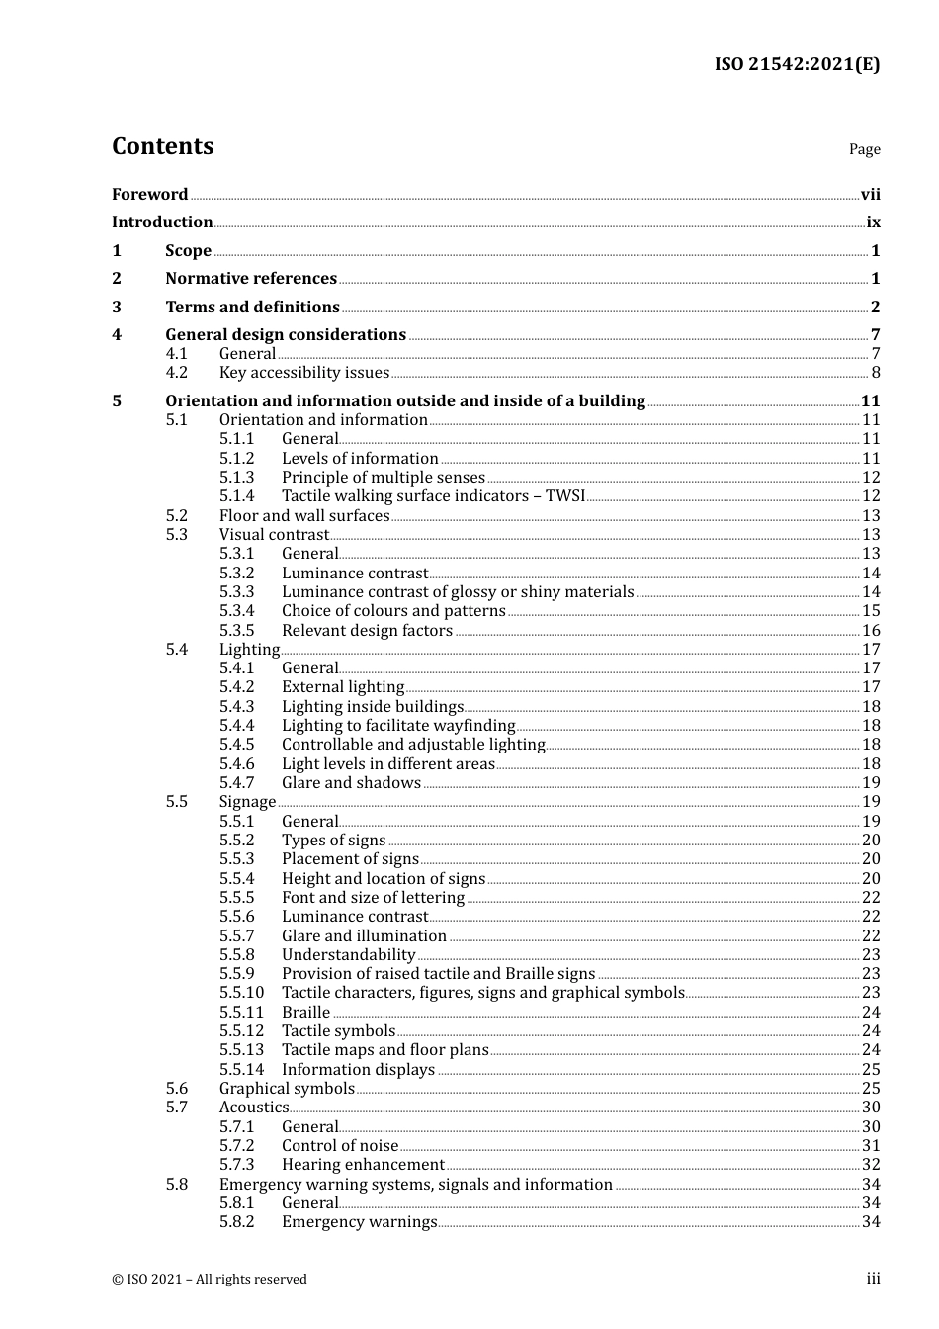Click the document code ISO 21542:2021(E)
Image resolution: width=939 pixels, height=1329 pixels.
[x=797, y=64]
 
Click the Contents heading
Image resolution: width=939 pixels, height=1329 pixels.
[x=162, y=146]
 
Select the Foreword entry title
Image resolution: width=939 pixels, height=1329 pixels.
[x=149, y=194]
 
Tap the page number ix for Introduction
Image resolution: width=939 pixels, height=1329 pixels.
[x=873, y=222]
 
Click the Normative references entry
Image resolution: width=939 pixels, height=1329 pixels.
[x=251, y=279]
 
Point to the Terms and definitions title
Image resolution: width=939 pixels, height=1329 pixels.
[x=252, y=307]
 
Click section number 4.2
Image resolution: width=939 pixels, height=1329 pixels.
[x=176, y=373]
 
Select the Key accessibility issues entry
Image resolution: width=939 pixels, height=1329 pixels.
[x=304, y=373]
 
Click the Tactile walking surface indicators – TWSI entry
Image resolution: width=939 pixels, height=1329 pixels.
[x=433, y=496]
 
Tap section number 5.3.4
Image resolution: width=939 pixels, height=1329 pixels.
[x=236, y=611]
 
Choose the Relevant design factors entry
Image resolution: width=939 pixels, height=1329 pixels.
[x=367, y=631]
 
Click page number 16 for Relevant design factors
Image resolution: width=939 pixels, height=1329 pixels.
[x=871, y=631]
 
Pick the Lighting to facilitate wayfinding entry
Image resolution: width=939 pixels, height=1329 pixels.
[x=398, y=726]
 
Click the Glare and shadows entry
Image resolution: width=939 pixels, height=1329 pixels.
[x=351, y=783]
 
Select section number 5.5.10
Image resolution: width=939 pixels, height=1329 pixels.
[x=241, y=993]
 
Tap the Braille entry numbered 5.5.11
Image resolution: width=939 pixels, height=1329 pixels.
[x=305, y=1013]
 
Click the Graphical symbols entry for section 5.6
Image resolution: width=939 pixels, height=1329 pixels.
[x=287, y=1089]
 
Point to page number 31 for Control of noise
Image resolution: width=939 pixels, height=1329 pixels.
[x=871, y=1146]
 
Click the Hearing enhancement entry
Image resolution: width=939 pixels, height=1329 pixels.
[x=363, y=1165]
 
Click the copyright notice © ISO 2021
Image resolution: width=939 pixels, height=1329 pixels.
[x=210, y=1279]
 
